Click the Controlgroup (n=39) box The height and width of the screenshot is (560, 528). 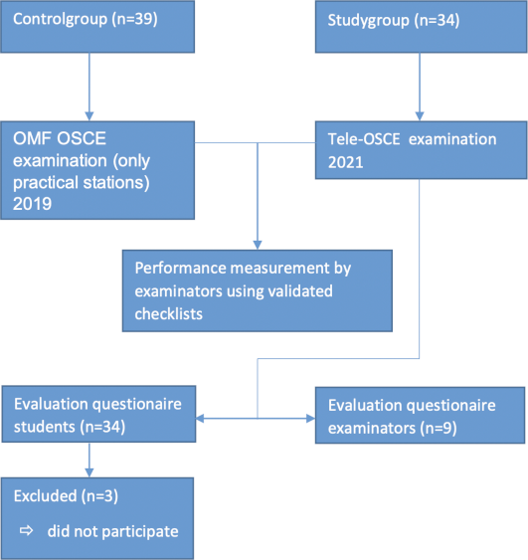point(97,27)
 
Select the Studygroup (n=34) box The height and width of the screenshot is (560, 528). point(422,27)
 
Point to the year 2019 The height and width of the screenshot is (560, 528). point(32,204)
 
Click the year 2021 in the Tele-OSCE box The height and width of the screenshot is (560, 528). point(346,162)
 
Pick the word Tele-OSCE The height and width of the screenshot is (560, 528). point(364,139)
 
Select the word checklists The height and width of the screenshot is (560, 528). point(168,314)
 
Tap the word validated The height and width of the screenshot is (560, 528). point(300,291)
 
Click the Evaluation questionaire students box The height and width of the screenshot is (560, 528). point(98,414)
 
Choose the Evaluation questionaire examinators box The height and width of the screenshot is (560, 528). point(421,416)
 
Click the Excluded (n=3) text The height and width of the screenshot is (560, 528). point(66,496)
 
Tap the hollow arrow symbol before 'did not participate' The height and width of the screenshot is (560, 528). point(27,531)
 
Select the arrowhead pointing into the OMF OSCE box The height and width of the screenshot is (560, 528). point(89,116)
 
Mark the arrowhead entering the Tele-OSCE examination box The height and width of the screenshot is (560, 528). point(420,116)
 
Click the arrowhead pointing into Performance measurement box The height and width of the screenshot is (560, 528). point(258,245)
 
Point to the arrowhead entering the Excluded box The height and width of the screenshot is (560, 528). point(89,472)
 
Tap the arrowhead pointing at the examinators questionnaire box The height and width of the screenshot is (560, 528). point(310,418)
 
